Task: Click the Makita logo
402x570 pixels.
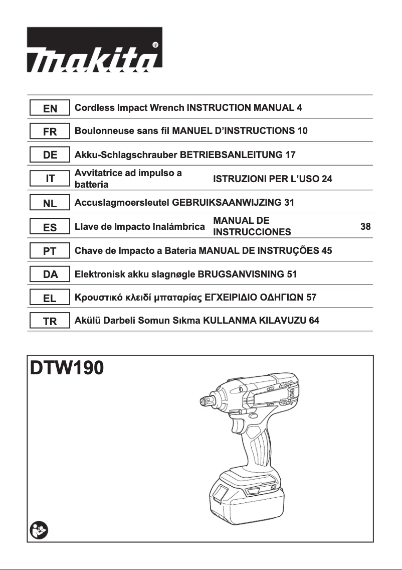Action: (x=94, y=49)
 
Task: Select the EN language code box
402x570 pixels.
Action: (x=50, y=108)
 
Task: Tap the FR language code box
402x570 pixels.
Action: (x=50, y=131)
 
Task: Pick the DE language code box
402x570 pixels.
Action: (x=50, y=155)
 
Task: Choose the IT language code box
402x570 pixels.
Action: (x=50, y=179)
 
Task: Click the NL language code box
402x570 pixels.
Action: (x=50, y=203)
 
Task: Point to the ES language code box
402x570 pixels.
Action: (x=50, y=227)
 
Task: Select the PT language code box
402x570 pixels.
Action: (x=50, y=251)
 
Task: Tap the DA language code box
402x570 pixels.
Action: (x=50, y=274)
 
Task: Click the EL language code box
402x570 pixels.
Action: (x=50, y=298)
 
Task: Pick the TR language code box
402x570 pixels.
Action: (x=50, y=321)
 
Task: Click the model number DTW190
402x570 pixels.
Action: (x=67, y=369)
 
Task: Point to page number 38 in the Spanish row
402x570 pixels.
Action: (x=365, y=227)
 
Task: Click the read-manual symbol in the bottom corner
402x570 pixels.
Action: (x=38, y=529)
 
